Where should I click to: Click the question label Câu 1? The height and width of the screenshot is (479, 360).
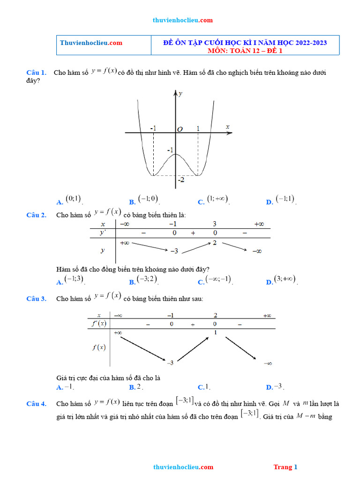coord(36,73)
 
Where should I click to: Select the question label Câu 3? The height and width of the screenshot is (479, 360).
coord(36,298)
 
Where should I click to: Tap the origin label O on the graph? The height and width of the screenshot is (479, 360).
coord(180,129)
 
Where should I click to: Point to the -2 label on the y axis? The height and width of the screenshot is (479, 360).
coord(180,180)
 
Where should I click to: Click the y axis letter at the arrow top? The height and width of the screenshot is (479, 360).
coord(180,94)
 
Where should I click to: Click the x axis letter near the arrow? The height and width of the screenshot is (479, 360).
coord(228,127)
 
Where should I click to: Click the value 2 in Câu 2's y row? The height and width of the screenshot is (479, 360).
coord(214,243)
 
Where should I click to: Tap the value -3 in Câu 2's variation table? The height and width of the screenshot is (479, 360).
coord(173,251)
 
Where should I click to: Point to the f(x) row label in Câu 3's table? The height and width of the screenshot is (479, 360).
coord(99,347)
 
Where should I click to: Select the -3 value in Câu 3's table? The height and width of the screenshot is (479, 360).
coord(170,363)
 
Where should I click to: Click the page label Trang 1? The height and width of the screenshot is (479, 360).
coord(285,467)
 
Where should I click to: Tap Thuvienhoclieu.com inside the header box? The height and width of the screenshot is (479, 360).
coord(91,43)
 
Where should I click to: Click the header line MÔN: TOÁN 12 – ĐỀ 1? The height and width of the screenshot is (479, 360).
coord(245,51)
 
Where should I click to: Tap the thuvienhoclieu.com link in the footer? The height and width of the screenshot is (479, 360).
coord(183,467)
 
